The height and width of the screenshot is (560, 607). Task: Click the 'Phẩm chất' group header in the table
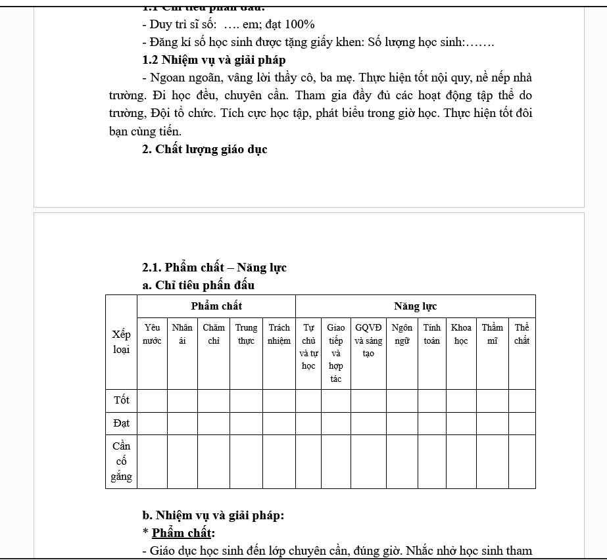(x=216, y=306)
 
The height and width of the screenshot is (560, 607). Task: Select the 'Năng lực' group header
(x=415, y=306)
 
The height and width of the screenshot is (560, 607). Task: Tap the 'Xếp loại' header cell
(x=121, y=342)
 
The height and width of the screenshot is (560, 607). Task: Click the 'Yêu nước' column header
(x=152, y=334)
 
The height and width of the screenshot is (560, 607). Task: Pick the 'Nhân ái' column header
(x=182, y=334)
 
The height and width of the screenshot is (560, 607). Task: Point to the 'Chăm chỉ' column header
(x=214, y=334)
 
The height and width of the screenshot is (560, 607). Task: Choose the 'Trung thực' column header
(x=246, y=334)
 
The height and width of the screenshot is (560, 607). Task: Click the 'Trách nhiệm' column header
(x=279, y=334)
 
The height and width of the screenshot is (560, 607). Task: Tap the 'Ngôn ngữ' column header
(x=402, y=334)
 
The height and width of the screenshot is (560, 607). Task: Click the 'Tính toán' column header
(x=432, y=334)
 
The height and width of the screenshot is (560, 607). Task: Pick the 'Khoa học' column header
(x=461, y=334)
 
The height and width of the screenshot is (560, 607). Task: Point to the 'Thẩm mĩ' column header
(x=492, y=334)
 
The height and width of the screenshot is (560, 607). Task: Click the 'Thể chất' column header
(x=522, y=334)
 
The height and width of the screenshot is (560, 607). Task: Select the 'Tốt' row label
(x=121, y=400)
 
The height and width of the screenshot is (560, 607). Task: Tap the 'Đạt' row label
(x=121, y=423)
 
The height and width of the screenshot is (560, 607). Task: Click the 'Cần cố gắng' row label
(x=121, y=461)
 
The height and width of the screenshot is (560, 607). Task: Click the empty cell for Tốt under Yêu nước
(x=152, y=400)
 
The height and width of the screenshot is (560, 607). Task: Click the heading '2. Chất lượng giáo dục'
(x=205, y=149)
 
